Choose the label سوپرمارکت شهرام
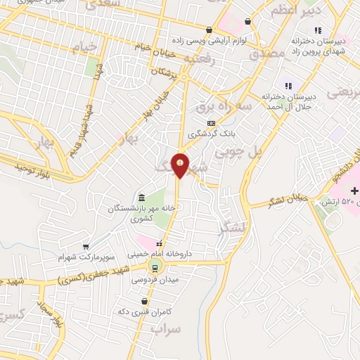[x=85, y=257]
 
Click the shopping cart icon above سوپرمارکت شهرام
[x=85, y=247]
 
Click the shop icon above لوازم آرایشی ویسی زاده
[x=209, y=30]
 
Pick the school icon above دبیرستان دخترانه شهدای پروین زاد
[x=318, y=30]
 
